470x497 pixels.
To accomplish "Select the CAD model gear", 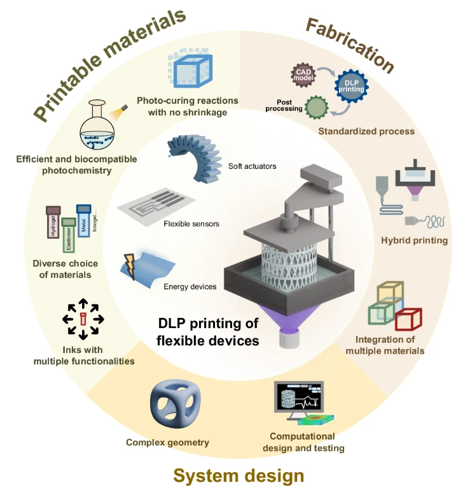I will (x=304, y=75).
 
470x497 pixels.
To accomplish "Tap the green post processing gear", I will (x=317, y=106).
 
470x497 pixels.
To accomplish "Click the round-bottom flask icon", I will (x=100, y=126).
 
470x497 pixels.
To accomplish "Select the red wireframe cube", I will (x=408, y=319).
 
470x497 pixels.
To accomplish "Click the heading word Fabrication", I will (x=349, y=45).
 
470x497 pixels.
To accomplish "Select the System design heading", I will (x=238, y=475).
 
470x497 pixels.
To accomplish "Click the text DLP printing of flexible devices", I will (x=207, y=332).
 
